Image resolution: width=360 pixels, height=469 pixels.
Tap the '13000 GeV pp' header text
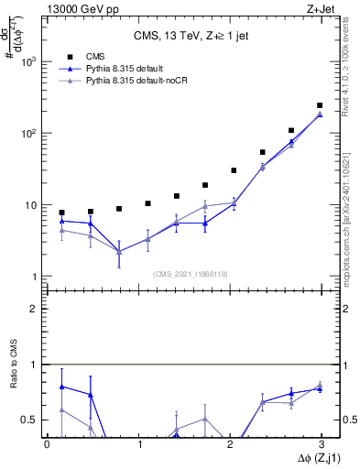tap(76, 8)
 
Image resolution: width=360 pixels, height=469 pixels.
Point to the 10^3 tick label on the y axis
tap(29, 61)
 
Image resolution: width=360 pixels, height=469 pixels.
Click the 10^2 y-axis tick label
tap(29, 133)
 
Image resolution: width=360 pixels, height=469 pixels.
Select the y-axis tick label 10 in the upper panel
tap(32, 205)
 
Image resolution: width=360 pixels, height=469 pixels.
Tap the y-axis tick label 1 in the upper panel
tap(36, 277)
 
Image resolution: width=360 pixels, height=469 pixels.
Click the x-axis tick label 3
tap(320, 444)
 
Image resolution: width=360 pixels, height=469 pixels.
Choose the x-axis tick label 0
tap(47, 444)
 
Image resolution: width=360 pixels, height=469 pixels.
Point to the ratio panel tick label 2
tap(37, 309)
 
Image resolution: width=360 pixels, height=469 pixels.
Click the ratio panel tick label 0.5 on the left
tap(31, 420)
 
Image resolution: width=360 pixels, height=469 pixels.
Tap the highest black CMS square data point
tap(320, 105)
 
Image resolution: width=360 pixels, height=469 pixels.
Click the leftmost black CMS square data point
tap(61, 213)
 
